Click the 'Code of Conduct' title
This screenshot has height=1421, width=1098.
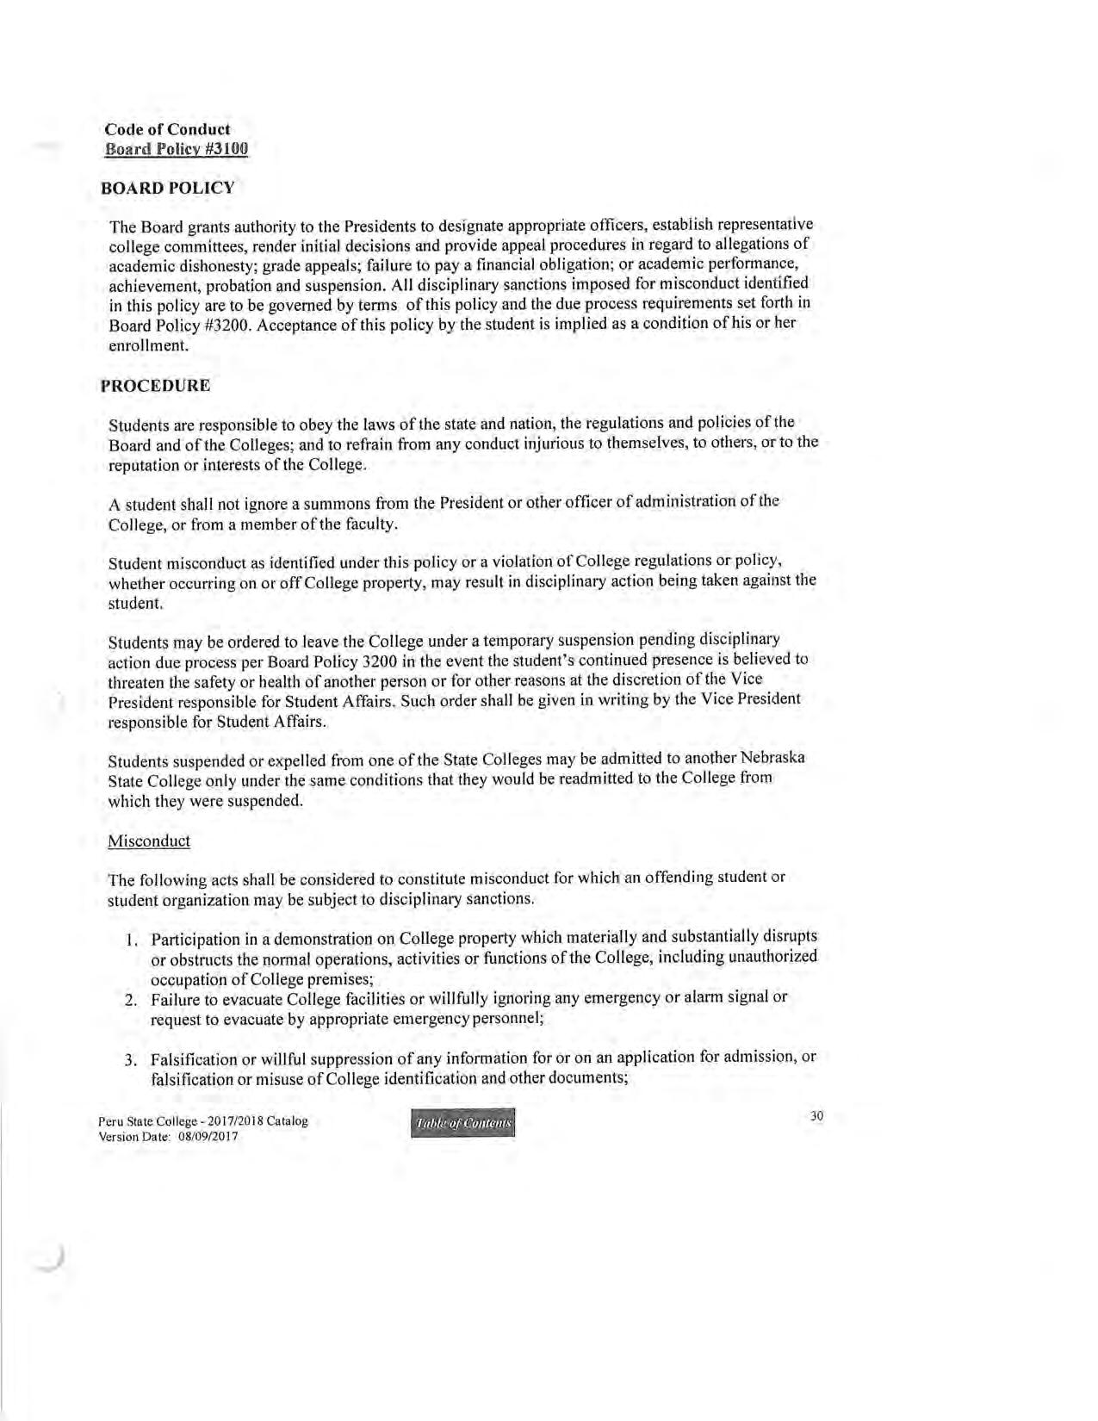(x=167, y=129)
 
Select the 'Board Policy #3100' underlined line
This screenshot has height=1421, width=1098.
(x=177, y=149)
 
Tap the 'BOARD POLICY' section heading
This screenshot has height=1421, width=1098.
(x=167, y=188)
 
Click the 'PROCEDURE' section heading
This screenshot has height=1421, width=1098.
(x=155, y=385)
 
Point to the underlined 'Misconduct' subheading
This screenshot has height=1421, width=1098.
(x=149, y=841)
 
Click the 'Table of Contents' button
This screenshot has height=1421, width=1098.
(x=464, y=1123)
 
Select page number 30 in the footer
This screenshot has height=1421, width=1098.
(x=816, y=1116)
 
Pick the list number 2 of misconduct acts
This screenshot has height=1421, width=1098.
(x=131, y=1000)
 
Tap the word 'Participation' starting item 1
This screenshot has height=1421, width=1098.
(x=193, y=938)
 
